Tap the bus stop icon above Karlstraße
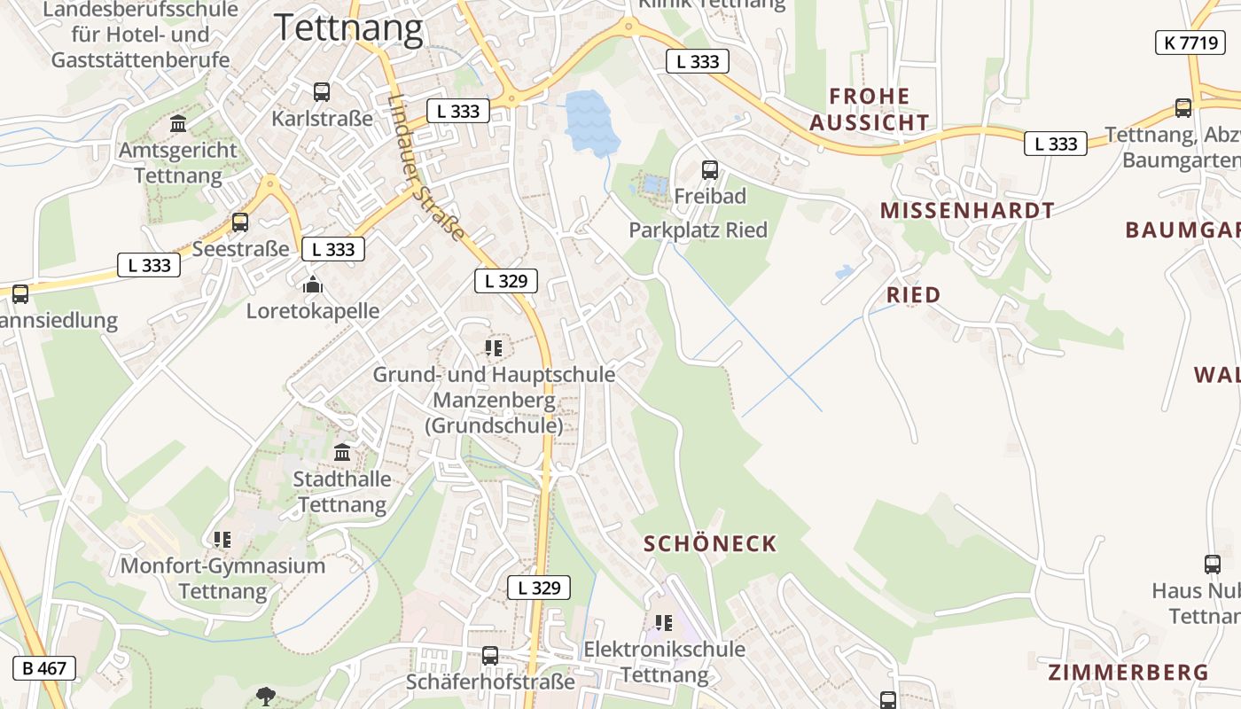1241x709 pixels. [x=322, y=91]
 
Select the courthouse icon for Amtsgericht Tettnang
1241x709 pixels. [x=178, y=123]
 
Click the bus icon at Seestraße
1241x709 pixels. [x=240, y=222]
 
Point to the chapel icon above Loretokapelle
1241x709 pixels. [x=312, y=284]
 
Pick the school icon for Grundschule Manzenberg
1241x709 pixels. [x=494, y=348]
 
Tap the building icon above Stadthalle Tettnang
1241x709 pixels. [x=342, y=453]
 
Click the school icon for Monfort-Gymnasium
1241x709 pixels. [x=222, y=539]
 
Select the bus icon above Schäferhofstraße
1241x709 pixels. [x=490, y=656]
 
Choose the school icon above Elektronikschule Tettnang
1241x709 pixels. [x=664, y=623]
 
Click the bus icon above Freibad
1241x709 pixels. [x=710, y=169]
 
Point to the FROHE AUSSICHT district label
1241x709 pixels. [x=870, y=109]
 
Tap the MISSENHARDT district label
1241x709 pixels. [x=967, y=210]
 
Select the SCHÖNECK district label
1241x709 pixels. [x=710, y=543]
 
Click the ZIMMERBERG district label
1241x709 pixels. [x=1128, y=672]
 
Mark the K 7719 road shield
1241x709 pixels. [x=1190, y=42]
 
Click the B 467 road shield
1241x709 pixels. [x=44, y=668]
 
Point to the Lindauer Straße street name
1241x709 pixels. [x=426, y=168]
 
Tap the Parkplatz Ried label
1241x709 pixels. [x=699, y=230]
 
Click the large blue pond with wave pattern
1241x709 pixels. [x=587, y=120]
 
